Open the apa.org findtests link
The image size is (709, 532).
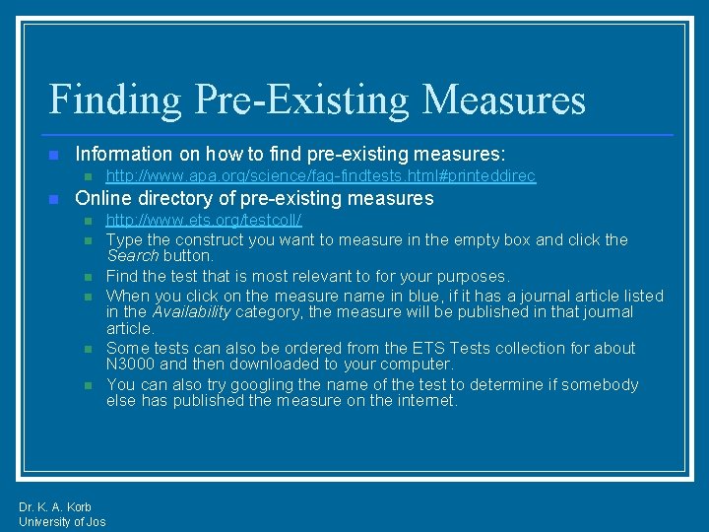(x=321, y=176)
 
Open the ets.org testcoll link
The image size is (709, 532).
(x=204, y=220)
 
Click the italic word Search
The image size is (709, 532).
(x=131, y=255)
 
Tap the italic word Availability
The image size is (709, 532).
(x=192, y=311)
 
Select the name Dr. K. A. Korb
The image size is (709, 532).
(x=55, y=507)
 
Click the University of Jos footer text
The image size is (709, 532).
(x=62, y=521)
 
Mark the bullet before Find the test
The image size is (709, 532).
(x=87, y=277)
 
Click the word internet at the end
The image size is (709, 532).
(x=426, y=401)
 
